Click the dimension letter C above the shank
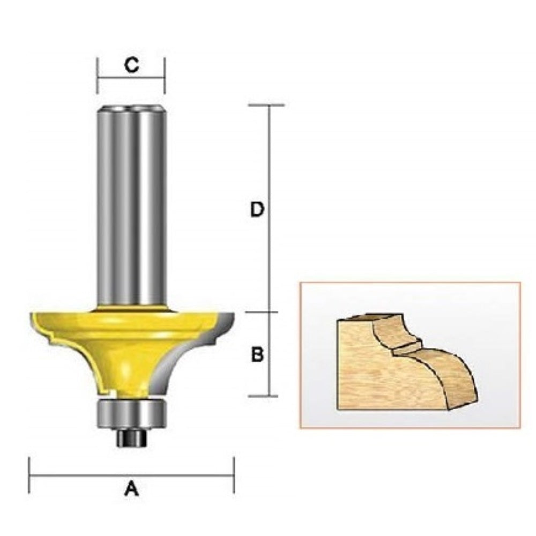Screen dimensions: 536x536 pos(132,64)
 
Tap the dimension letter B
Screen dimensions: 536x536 pos(257,354)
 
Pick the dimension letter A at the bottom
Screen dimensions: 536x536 pos(132,488)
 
